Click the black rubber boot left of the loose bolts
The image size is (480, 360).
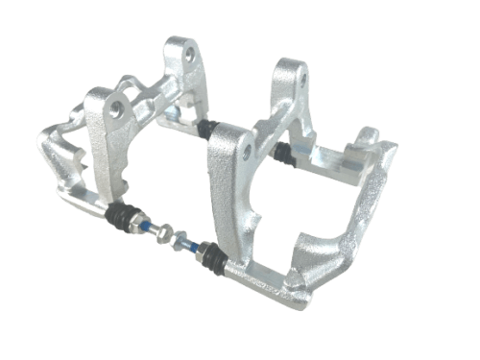pos(122,218)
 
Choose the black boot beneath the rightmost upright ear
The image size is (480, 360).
pos(281,151)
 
